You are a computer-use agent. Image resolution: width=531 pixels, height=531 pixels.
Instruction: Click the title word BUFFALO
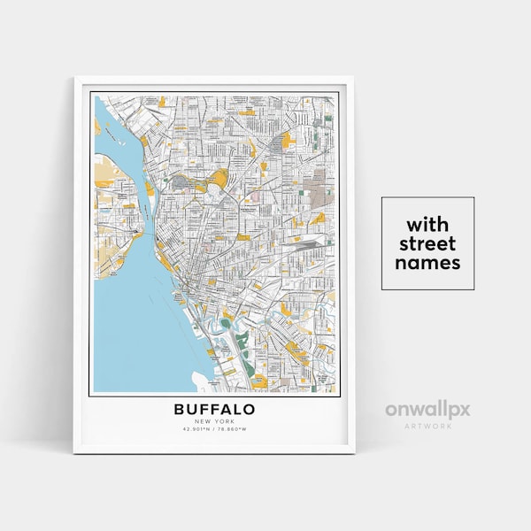(x=214, y=409)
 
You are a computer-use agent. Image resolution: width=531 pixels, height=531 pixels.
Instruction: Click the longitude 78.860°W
(x=235, y=429)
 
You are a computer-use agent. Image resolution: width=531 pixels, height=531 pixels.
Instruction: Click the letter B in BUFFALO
(x=180, y=409)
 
